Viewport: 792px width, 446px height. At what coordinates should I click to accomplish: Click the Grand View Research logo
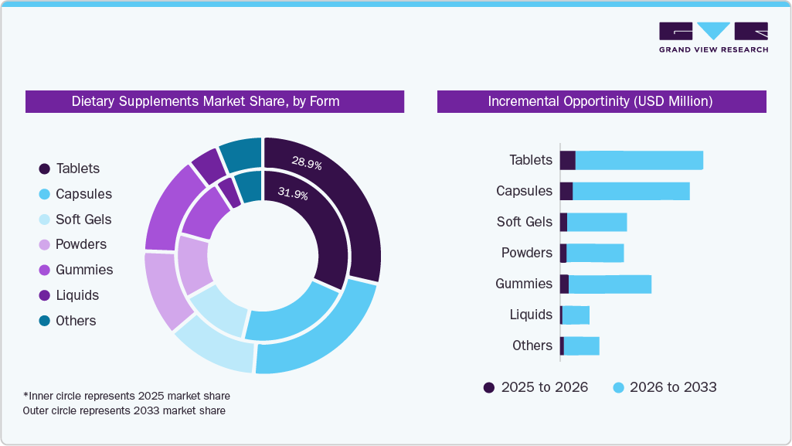pos(713,36)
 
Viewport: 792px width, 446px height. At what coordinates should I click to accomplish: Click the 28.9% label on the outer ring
pos(306,163)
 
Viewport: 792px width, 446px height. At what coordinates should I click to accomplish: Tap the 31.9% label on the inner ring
pos(292,195)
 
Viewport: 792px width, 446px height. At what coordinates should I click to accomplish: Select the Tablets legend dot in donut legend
pos(44,169)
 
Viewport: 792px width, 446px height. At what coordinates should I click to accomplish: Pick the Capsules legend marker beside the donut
pos(44,194)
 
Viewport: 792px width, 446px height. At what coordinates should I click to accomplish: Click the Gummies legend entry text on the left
pos(84,270)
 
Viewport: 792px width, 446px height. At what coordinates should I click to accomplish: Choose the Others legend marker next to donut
pos(44,321)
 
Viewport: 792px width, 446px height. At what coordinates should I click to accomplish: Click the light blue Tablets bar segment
pos(639,160)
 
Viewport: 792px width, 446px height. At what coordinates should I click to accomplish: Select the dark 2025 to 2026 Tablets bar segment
pos(568,160)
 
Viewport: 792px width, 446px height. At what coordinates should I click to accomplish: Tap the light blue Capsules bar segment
pos(631,191)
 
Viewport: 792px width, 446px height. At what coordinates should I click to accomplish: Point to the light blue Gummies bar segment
pos(610,284)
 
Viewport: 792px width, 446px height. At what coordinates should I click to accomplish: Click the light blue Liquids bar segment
pos(576,315)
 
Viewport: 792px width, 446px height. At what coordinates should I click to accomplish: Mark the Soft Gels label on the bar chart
pos(525,222)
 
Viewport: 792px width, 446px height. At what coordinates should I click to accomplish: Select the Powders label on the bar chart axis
pos(527,253)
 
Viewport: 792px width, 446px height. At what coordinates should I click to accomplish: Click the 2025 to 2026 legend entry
pos(535,387)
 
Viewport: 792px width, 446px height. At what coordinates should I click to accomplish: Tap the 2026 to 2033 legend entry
pos(665,387)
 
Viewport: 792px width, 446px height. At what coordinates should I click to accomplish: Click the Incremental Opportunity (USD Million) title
pos(601,101)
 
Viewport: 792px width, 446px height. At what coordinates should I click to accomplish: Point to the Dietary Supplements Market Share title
pos(206,101)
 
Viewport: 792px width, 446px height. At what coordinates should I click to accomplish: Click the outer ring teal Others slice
pos(241,155)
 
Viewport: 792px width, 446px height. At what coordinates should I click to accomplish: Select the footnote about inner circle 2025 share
pos(126,396)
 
